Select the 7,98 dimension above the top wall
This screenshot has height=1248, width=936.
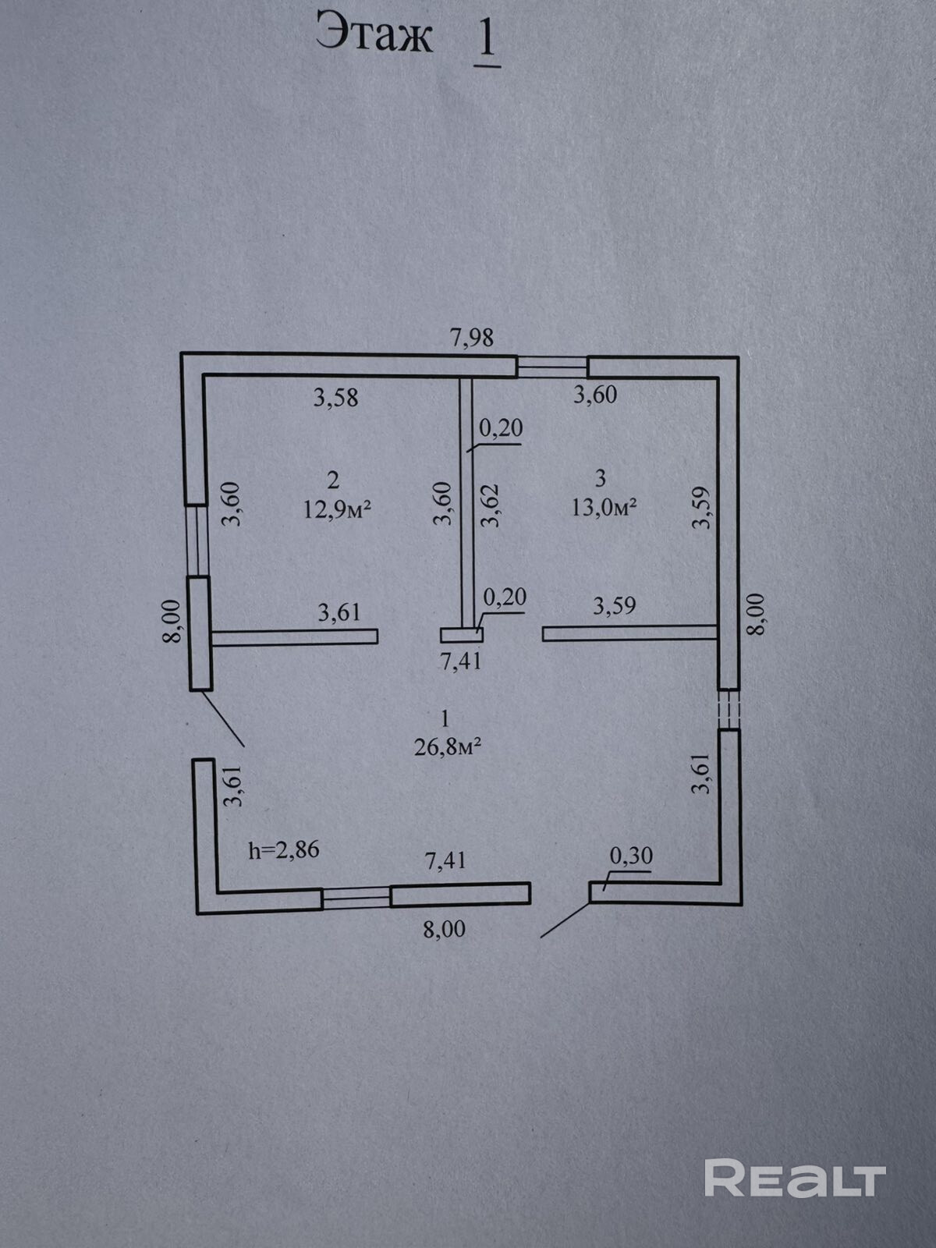coord(472,338)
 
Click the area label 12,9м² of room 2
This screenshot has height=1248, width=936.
coord(336,510)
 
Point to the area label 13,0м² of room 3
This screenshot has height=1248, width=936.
coord(604,508)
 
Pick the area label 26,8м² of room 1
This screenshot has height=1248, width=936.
coord(447,747)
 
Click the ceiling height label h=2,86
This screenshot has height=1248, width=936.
coord(284,850)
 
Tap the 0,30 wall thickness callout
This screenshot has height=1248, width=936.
coord(630,856)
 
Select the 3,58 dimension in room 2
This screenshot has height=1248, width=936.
coord(335,398)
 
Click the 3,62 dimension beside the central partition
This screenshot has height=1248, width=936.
coord(490,505)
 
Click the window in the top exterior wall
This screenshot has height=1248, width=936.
coord(552,366)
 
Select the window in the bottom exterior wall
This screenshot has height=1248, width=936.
coord(356,899)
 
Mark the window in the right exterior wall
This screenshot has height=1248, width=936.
coord(729,709)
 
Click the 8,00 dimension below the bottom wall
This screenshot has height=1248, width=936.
coord(444,930)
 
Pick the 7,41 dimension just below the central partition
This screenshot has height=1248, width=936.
coord(461,661)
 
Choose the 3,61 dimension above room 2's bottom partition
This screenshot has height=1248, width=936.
coord(339,612)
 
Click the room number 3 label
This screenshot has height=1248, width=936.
coord(600,477)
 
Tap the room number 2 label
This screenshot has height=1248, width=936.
coord(334,479)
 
